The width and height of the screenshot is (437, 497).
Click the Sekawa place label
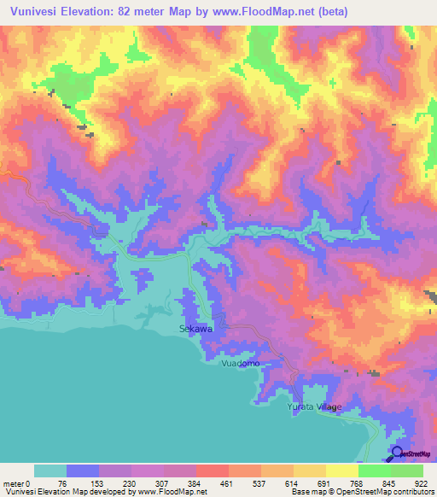point(195,328)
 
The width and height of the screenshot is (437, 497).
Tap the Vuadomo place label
point(239,364)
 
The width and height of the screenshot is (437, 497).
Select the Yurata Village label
point(313,406)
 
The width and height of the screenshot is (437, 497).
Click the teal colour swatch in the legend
point(50,471)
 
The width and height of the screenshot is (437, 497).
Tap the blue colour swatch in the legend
point(83,471)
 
